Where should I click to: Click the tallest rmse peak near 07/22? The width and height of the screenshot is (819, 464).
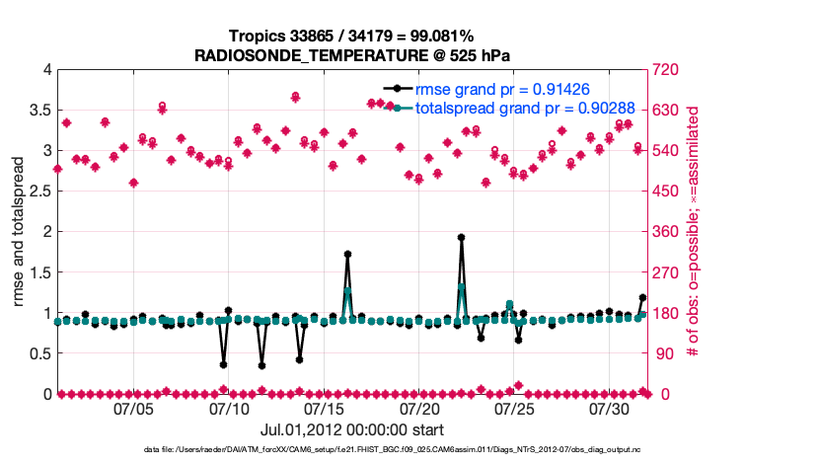point(461,238)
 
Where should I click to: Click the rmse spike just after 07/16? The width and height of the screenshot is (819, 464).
point(347,254)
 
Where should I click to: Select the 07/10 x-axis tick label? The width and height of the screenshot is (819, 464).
point(229,408)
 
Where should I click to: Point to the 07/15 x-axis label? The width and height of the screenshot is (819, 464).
point(325,408)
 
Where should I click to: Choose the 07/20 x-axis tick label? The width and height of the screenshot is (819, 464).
point(419,408)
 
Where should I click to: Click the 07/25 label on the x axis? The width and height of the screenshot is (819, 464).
point(514,408)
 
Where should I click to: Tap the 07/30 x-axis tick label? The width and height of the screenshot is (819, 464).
point(609,408)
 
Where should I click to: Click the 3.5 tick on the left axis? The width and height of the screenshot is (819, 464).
point(39,110)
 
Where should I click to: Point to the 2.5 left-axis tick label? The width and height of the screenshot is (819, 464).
point(39,191)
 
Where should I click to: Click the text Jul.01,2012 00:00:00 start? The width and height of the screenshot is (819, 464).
point(351,429)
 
